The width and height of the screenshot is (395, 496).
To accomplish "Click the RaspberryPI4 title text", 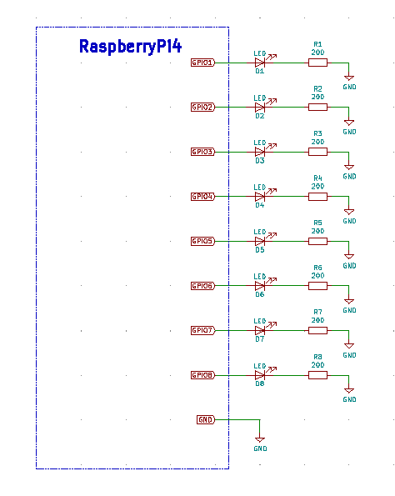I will [130, 47].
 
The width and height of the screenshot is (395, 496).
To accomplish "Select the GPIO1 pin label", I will [202, 63].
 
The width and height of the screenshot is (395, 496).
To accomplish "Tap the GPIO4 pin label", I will [202, 197].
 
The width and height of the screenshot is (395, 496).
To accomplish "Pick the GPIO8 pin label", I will [202, 375].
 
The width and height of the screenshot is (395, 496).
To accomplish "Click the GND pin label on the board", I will [205, 419].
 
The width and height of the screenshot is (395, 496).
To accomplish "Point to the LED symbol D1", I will [260, 63].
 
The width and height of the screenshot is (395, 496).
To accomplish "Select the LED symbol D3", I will [260, 152].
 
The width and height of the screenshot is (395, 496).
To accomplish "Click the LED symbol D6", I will [260, 286].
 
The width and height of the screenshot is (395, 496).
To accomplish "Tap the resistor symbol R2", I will [317, 107].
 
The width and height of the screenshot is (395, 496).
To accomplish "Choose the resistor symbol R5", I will [317, 241].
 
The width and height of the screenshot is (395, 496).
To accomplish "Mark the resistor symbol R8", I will [317, 375].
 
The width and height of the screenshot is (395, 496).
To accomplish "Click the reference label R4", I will [317, 178].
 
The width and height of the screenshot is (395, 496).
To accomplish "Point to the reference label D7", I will [260, 340].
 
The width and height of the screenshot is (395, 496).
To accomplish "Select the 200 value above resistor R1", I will [317, 52].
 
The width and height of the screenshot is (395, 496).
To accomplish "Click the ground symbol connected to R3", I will [349, 167].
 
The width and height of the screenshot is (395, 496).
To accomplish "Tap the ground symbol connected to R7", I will [349, 345].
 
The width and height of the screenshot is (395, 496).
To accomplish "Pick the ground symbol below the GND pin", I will [260, 438].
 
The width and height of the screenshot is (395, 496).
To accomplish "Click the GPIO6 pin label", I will [202, 286].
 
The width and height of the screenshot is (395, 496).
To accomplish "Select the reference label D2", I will [260, 117].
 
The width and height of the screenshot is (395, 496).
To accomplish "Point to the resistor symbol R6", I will [317, 286].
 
